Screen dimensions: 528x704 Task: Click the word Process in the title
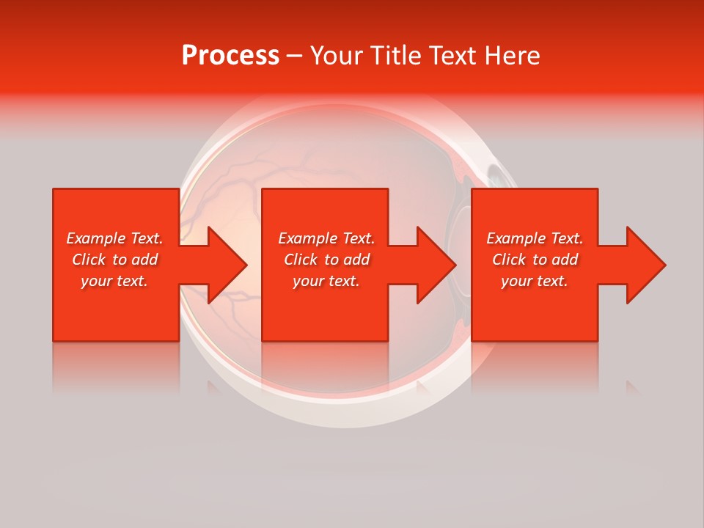(230, 56)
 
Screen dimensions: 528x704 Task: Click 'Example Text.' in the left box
(114, 238)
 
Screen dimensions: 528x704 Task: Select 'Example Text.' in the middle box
(326, 238)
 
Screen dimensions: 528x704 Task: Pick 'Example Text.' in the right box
(535, 238)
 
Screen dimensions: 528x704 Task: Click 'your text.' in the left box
(114, 281)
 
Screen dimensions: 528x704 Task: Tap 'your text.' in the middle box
(326, 281)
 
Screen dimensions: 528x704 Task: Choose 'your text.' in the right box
(535, 281)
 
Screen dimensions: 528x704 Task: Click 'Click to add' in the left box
(114, 260)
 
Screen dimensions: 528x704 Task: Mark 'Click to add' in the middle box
(326, 260)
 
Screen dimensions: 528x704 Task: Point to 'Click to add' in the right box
(535, 260)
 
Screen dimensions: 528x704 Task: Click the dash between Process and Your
(294, 56)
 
